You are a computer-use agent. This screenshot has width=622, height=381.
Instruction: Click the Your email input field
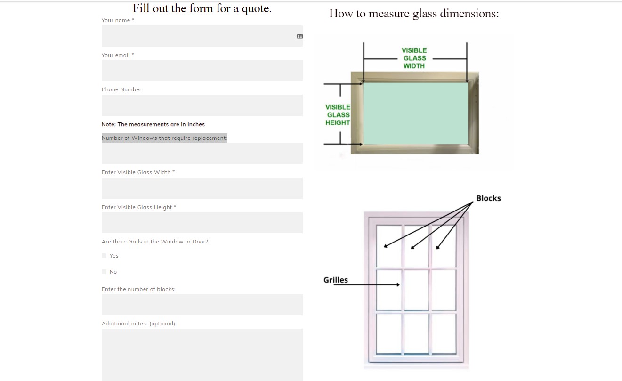pyautogui.click(x=202, y=71)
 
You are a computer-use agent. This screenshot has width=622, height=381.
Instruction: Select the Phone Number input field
pyautogui.click(x=202, y=105)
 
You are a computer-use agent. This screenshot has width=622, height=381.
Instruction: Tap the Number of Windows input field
pyautogui.click(x=202, y=154)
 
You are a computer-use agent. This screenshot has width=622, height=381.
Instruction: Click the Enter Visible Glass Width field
pyautogui.click(x=202, y=188)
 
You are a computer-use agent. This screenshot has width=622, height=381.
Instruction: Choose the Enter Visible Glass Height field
pyautogui.click(x=202, y=223)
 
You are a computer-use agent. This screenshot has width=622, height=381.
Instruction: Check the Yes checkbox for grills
pyautogui.click(x=104, y=256)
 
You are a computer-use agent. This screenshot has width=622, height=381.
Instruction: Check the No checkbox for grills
pyautogui.click(x=104, y=272)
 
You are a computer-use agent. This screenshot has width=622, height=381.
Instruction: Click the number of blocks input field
pyautogui.click(x=202, y=305)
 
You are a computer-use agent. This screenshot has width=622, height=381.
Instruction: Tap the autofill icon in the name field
pyautogui.click(x=300, y=36)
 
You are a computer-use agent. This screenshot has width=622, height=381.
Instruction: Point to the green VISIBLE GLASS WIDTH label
pyautogui.click(x=414, y=58)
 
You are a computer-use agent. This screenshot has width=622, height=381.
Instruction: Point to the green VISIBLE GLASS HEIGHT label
pyautogui.click(x=338, y=115)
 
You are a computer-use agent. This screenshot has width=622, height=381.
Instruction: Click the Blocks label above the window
pyautogui.click(x=488, y=198)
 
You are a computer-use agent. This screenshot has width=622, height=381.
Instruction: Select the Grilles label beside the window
pyautogui.click(x=336, y=280)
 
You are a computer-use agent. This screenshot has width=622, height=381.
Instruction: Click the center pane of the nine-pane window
pyautogui.click(x=416, y=290)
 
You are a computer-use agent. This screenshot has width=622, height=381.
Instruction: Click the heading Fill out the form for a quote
pyautogui.click(x=202, y=8)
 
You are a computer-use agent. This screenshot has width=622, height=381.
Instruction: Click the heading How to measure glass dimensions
pyautogui.click(x=413, y=13)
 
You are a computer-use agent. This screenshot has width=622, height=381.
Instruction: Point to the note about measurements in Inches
pyautogui.click(x=153, y=124)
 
